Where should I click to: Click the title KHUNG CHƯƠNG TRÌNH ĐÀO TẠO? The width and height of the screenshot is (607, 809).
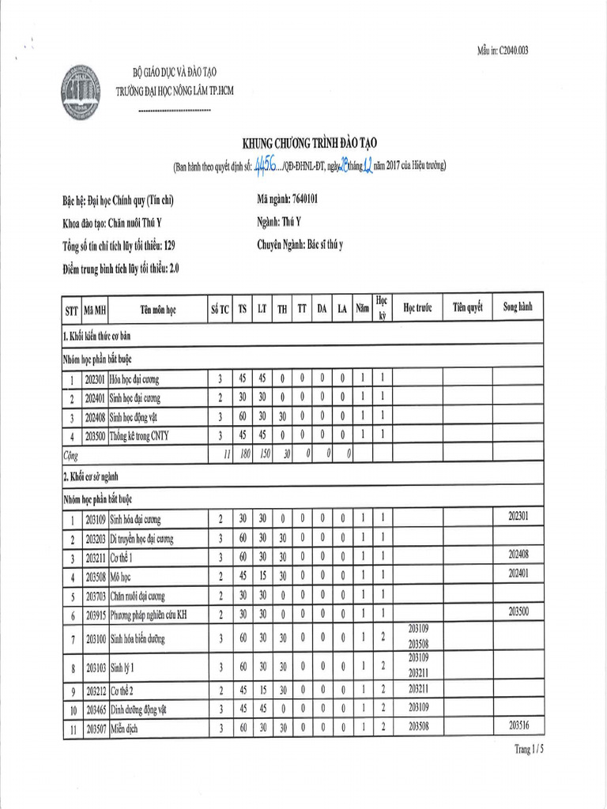tap(310, 142)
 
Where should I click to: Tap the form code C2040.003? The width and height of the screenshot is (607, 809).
tap(503, 51)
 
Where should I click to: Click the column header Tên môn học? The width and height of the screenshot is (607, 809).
tap(158, 310)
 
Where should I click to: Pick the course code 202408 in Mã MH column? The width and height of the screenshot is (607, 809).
tap(95, 416)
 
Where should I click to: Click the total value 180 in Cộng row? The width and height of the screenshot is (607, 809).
tap(242, 453)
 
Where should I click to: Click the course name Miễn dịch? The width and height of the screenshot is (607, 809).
tap(124, 729)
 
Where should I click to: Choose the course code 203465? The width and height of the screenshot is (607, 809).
tap(95, 709)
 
